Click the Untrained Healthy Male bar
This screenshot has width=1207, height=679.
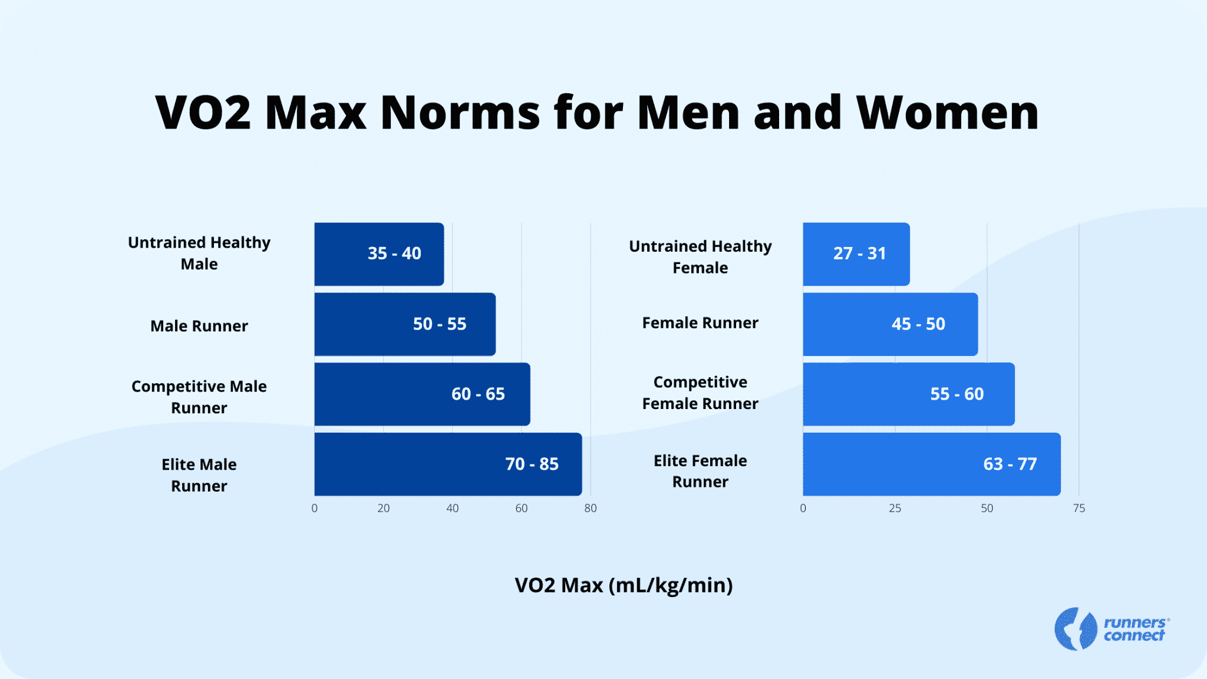pos(379,254)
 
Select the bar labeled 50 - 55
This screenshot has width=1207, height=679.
pos(405,324)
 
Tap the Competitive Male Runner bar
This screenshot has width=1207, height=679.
pos(422,394)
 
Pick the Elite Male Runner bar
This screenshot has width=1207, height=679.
pos(448,464)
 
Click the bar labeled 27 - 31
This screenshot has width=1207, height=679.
pos(856,254)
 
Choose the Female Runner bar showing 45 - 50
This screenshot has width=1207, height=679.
pos(890,324)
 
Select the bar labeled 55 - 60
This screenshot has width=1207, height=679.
pos(908,394)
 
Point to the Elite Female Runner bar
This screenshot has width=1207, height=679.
pos(931,464)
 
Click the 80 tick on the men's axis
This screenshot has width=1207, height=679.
pos(591,508)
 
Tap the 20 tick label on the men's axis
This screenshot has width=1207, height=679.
pos(384,508)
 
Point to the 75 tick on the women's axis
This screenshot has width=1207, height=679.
pos(1079,508)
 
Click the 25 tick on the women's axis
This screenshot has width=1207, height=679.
pos(895,508)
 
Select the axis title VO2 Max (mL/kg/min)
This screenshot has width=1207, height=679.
pos(624,585)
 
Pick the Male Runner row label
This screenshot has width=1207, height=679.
pos(199,326)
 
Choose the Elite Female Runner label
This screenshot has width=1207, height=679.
pos(700,471)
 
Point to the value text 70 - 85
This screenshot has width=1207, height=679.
pos(532,464)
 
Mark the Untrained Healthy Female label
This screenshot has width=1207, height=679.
pos(700,257)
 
